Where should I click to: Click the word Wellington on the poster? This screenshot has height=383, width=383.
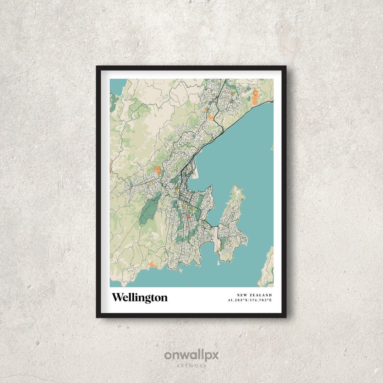click(x=140, y=298)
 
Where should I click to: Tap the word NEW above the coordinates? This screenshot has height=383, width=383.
click(x=243, y=295)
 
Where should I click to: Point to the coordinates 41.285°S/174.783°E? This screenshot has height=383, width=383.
click(x=250, y=300)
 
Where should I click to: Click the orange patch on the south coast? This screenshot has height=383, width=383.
click(x=153, y=264)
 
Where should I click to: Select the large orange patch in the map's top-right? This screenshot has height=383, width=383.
click(x=255, y=97)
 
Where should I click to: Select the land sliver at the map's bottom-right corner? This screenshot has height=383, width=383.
click(x=267, y=270)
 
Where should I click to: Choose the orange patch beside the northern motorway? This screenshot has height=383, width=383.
click(x=211, y=116)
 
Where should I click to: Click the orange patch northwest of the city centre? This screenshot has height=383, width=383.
click(x=157, y=170)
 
